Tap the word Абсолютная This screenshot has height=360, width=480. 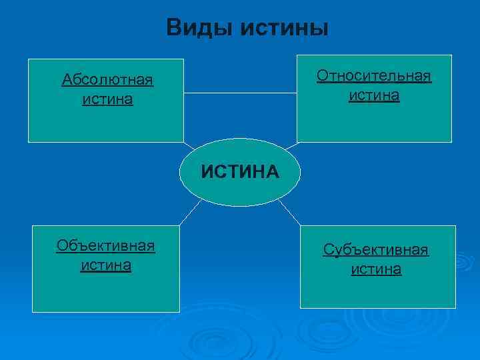pos(107,81)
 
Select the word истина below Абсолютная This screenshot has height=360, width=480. pos(107,100)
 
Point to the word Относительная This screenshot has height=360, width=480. pos(374,75)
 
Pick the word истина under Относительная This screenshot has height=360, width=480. pos(374,95)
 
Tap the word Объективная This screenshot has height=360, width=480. pos(106,246)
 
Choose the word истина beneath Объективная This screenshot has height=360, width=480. pos(106,265)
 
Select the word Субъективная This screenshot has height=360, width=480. pos(376,250)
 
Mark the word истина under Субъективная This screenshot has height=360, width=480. pos(376,269)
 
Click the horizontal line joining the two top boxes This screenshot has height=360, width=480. pos(240,94)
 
